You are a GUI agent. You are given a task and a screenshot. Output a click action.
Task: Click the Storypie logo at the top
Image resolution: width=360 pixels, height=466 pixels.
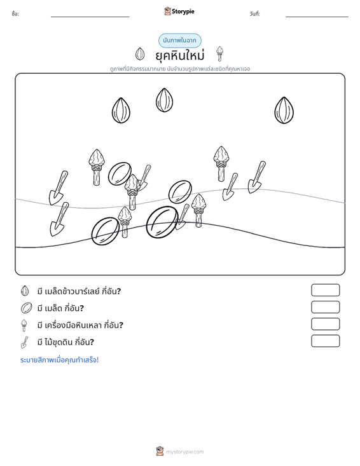(x=179, y=11)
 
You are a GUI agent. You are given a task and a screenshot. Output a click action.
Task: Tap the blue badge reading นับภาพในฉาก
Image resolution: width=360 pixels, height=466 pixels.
(x=179, y=41)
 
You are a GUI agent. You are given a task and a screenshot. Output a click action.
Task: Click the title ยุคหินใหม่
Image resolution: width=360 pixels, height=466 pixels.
(x=180, y=55)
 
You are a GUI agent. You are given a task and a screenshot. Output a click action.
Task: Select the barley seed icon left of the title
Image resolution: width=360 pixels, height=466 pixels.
(x=140, y=54)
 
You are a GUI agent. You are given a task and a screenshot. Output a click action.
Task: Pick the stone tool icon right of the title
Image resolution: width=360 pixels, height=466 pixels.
(x=219, y=53)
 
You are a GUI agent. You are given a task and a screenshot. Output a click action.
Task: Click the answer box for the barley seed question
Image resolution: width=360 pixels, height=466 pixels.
(x=325, y=290)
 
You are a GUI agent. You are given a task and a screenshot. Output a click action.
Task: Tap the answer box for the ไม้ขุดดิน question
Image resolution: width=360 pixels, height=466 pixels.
(x=325, y=341)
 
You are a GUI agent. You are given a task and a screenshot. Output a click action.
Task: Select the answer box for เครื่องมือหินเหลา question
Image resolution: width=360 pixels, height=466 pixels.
(x=325, y=324)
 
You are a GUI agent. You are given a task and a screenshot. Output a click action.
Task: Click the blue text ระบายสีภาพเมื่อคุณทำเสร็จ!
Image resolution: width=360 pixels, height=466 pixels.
(x=59, y=360)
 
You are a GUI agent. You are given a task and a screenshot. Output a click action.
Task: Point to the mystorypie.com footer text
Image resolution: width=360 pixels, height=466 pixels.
(x=184, y=452)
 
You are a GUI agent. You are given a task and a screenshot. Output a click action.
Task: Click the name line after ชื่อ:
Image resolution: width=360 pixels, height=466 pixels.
(x=90, y=17)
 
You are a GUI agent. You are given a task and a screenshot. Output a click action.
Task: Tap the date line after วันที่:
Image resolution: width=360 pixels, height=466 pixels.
(x=317, y=17)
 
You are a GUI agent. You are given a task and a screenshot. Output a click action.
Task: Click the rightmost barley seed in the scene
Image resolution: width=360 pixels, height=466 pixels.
(x=284, y=110)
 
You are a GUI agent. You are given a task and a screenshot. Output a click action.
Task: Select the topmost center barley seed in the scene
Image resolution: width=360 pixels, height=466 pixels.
(x=164, y=100)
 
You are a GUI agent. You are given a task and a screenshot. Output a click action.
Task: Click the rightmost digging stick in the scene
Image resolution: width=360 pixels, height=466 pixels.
(x=256, y=177)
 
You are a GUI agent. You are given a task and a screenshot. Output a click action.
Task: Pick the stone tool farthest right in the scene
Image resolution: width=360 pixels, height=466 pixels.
(x=221, y=163)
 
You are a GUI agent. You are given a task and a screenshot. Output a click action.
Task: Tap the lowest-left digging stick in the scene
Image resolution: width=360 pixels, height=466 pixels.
(x=59, y=219)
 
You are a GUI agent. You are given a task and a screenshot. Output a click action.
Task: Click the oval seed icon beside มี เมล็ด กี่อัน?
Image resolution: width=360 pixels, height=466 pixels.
(x=26, y=308)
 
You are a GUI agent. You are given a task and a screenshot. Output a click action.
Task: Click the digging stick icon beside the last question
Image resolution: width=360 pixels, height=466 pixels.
(x=24, y=342)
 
